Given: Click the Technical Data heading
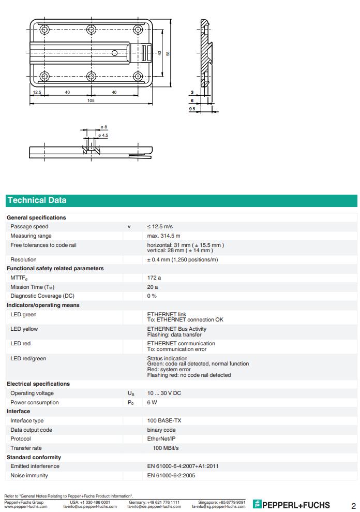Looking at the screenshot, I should [x=37, y=200].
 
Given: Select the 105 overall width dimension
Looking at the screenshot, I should [x=91, y=100].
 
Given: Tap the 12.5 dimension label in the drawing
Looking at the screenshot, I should [x=37, y=92].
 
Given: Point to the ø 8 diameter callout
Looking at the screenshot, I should [x=104, y=127].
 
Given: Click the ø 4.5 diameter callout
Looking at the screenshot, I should [x=103, y=135].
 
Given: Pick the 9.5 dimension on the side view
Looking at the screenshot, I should [x=192, y=109].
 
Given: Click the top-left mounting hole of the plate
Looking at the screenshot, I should [x=44, y=30].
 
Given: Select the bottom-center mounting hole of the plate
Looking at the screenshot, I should [x=91, y=77].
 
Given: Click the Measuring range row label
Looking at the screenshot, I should [x=31, y=236].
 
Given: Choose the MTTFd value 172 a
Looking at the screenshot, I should [x=154, y=278].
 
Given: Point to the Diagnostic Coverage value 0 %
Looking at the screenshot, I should [x=152, y=296].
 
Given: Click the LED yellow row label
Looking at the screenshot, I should [x=24, y=329].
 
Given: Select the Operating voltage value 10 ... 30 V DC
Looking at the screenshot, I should [x=164, y=393].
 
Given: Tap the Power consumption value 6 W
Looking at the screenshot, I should [x=152, y=403].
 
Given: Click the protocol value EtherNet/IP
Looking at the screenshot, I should [x=161, y=439].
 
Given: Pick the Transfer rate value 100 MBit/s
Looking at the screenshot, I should [x=166, y=448].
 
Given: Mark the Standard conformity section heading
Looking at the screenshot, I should [x=34, y=458].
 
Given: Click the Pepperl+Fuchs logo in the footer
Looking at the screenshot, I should [x=291, y=505].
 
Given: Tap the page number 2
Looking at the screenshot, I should [x=353, y=505].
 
